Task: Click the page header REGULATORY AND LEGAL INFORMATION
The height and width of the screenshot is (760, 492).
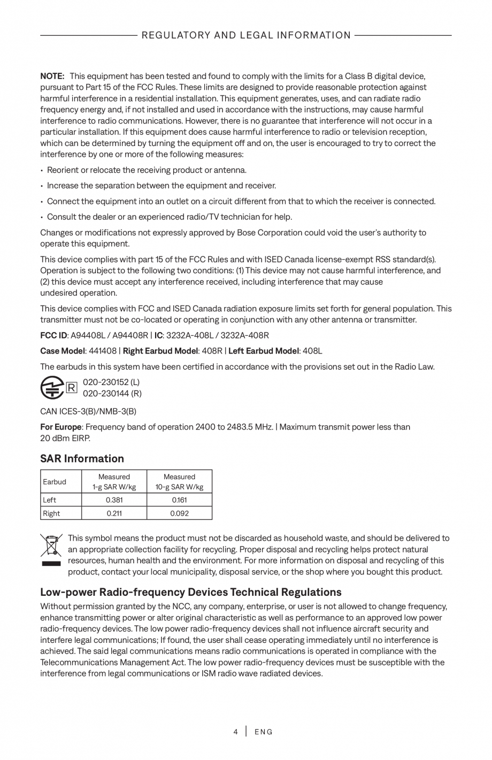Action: pos(246,35)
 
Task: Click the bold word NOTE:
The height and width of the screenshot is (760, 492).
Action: pos(52,76)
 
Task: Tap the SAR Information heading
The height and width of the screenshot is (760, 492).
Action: pos(82,458)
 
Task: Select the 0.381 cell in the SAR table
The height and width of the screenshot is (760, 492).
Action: pos(114,500)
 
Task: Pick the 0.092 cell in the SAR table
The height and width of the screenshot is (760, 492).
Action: pos(179,513)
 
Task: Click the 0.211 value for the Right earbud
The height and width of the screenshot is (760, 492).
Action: pos(114,513)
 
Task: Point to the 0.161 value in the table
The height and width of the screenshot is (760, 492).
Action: pos(179,500)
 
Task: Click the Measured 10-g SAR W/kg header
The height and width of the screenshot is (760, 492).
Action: pos(179,482)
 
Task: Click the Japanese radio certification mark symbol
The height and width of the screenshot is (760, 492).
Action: pos(52,388)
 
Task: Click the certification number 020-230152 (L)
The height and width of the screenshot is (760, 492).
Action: pos(111,382)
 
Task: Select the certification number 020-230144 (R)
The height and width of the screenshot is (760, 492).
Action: pos(112,394)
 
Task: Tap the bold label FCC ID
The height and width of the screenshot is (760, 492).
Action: pos(53,335)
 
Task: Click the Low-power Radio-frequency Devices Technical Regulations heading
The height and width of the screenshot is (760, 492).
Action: pos(191,592)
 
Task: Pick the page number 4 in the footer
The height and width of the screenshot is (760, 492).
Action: pos(235,732)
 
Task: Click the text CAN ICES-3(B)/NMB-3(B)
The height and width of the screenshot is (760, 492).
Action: pos(88,411)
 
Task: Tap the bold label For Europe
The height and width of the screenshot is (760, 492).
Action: pos(61,427)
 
